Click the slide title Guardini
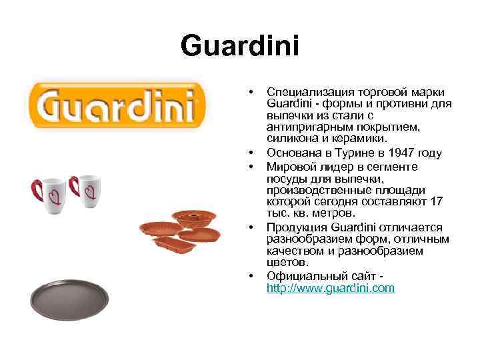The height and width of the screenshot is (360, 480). [240, 47]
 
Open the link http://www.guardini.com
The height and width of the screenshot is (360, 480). [331, 288]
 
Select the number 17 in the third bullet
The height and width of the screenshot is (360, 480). [437, 201]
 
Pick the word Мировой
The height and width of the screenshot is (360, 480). [289, 165]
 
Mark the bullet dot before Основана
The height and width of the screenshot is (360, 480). [250, 153]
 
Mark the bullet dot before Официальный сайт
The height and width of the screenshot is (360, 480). [250, 275]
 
